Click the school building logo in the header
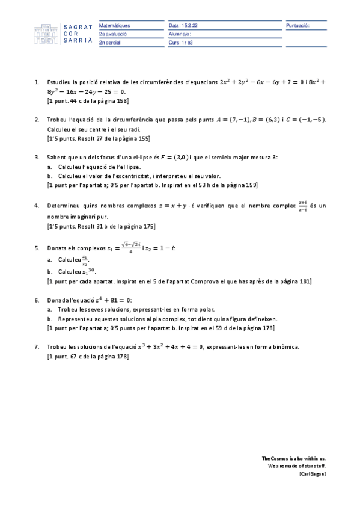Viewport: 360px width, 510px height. (x=44, y=35)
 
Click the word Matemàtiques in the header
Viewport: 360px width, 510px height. (x=114, y=26)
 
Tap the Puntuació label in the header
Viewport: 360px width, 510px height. (x=297, y=26)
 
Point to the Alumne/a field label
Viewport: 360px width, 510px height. (x=180, y=34)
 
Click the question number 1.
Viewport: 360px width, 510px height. (x=37, y=82)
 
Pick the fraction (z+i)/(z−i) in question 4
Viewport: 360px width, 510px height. (x=302, y=206)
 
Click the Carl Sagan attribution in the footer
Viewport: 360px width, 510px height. (x=312, y=474)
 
